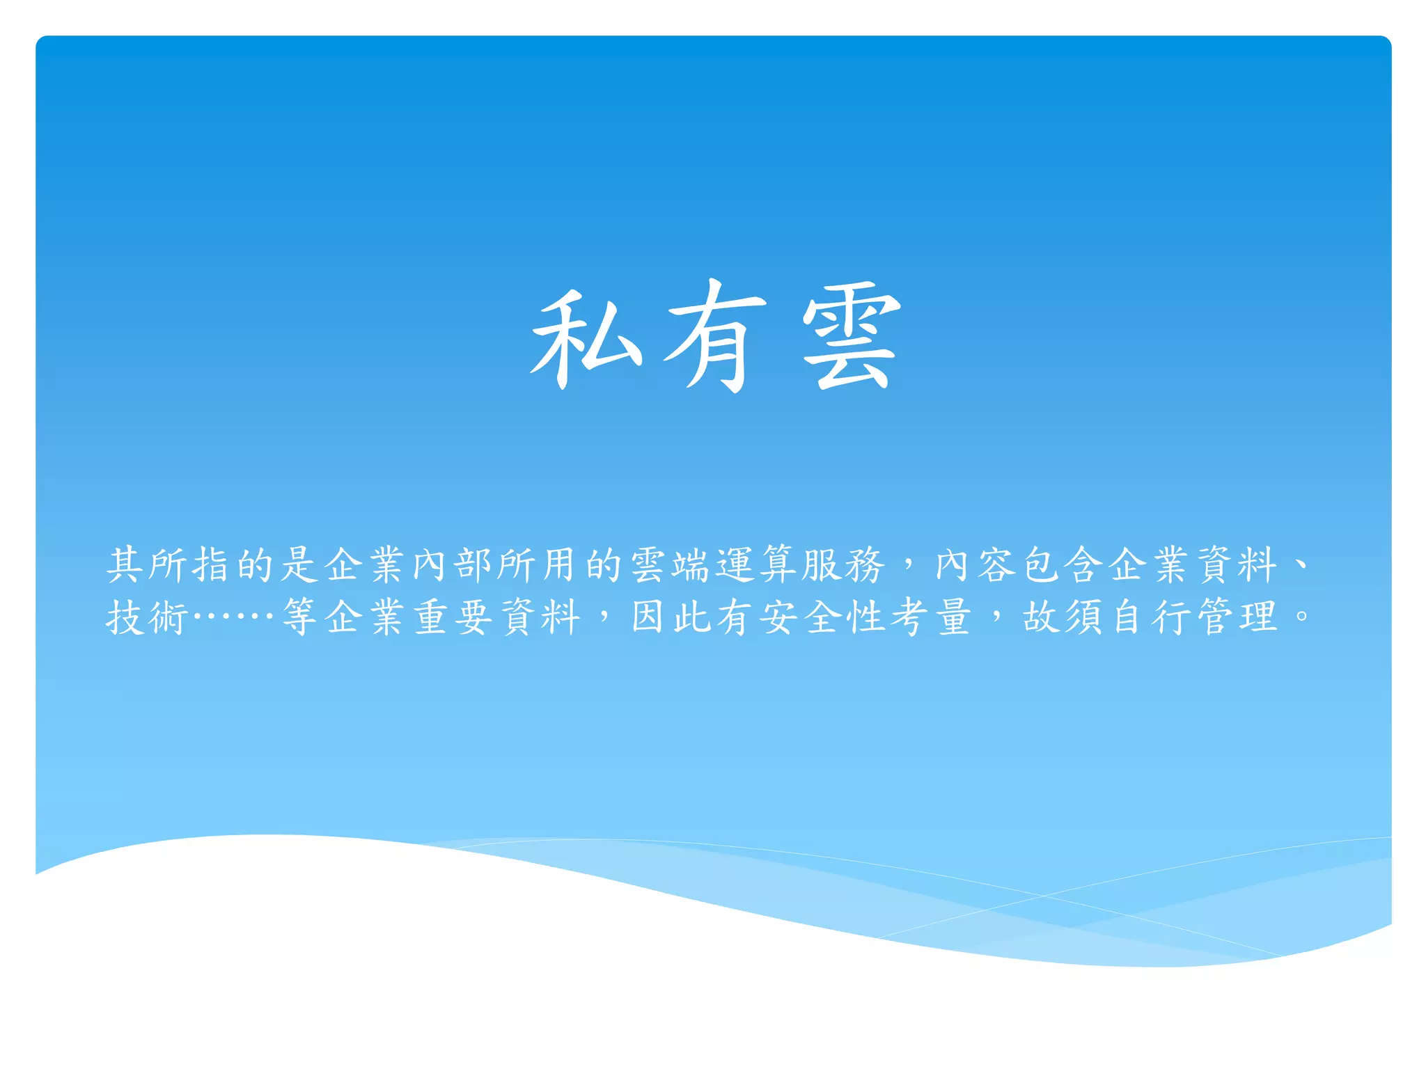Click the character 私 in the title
[x=586, y=338]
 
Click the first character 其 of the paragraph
[x=125, y=564]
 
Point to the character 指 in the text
[x=212, y=564]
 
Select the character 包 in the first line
[x=1042, y=564]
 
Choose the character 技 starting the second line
[x=125, y=617]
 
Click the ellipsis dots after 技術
[x=233, y=615]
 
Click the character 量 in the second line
[x=953, y=617]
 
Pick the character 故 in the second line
[x=1042, y=617]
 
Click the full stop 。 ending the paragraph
[x=1301, y=615]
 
